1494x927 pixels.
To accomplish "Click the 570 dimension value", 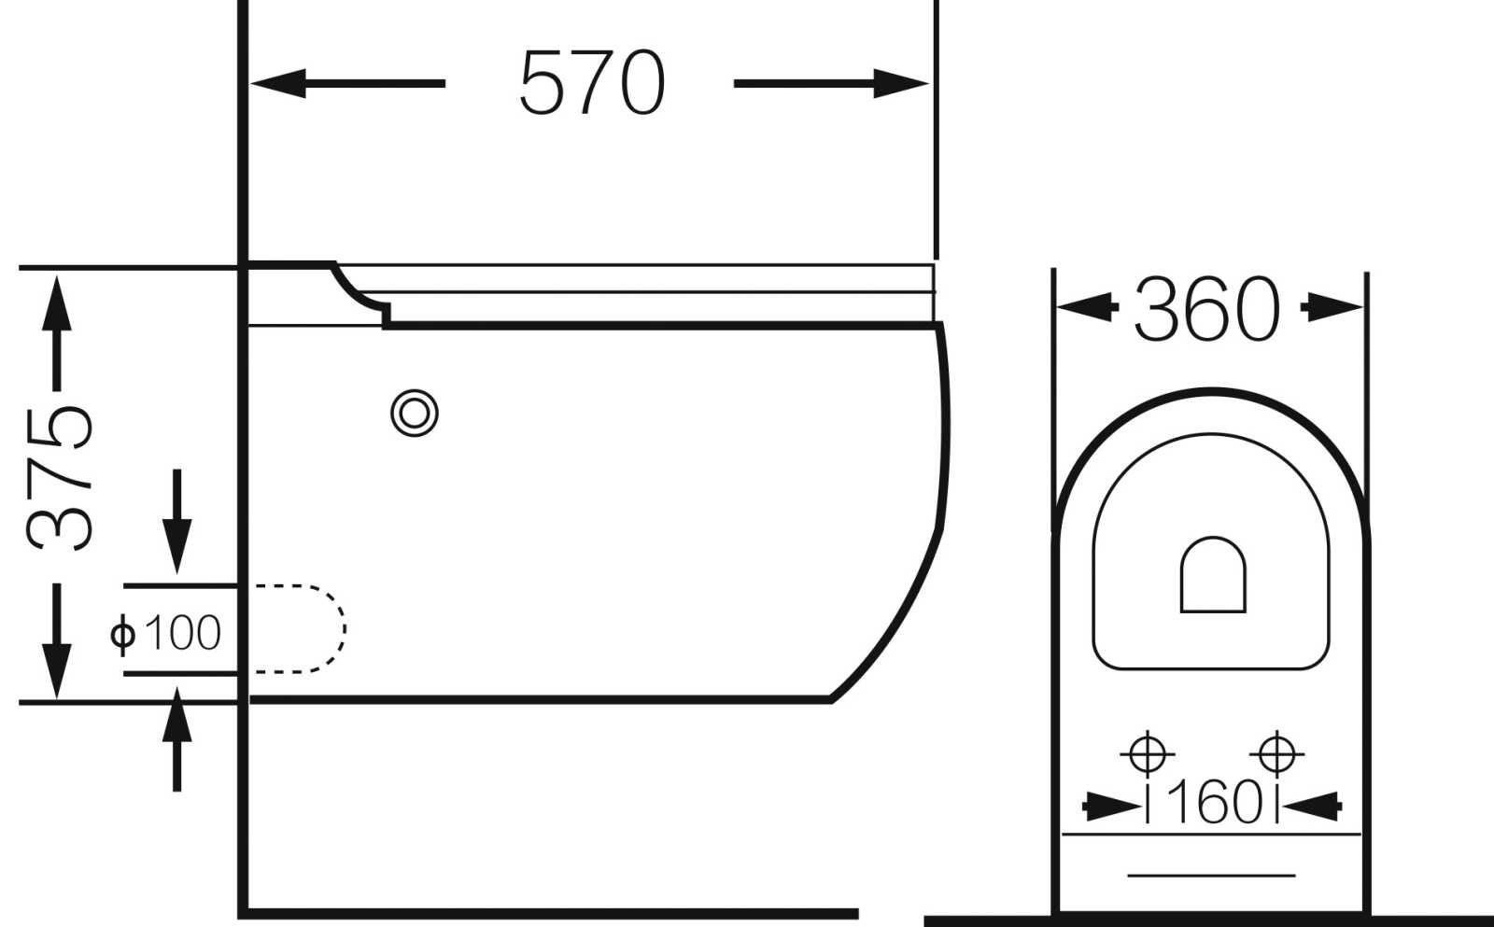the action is [592, 82].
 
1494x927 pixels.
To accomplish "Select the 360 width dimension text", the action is [1207, 309].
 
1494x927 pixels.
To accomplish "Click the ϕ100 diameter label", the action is [165, 632].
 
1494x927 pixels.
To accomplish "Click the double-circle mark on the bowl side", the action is [415, 414].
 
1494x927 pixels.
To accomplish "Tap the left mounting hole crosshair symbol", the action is [1148, 754].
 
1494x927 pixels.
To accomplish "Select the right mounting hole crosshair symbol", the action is [1276, 754].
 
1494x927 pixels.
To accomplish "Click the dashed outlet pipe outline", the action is [345, 628].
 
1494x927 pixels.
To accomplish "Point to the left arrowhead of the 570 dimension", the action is [278, 83].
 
